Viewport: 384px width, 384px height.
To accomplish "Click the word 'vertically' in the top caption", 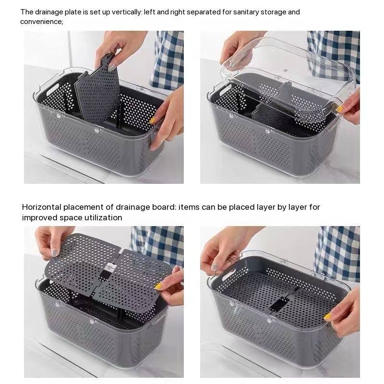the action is click(127, 12).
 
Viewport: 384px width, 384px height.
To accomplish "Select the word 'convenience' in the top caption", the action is click(41, 22).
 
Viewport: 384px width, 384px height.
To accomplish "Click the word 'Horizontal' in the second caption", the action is click(41, 207).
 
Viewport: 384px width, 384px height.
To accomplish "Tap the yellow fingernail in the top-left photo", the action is click(152, 120).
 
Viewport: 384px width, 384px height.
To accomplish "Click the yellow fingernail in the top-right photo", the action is click(339, 109).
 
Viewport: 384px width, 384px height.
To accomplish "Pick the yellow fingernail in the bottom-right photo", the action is click(327, 317).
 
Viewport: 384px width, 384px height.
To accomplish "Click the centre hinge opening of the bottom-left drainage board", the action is click(107, 271).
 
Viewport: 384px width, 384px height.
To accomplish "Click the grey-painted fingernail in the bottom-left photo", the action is click(55, 252).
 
